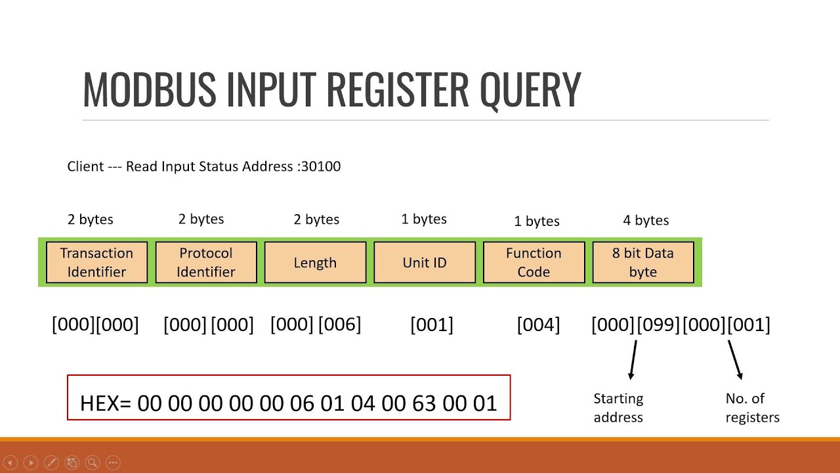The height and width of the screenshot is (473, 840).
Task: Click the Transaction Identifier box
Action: coord(96,262)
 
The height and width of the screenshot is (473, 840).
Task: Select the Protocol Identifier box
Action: coord(206,262)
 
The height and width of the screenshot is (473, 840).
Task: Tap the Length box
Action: coord(315,262)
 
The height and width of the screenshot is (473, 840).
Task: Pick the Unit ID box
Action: coord(425,262)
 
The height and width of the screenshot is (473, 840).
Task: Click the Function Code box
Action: coord(534,262)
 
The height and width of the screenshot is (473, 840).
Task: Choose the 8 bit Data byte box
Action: coord(643,262)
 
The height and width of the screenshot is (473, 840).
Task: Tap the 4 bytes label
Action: coord(646,220)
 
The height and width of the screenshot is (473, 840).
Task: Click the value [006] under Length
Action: coord(340,325)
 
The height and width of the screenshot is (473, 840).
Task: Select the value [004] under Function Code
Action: coord(538,325)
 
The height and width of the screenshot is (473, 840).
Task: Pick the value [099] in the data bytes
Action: coord(658,325)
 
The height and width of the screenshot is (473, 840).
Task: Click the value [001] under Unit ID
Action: coord(432,325)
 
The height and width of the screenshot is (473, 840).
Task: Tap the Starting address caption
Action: coord(618,407)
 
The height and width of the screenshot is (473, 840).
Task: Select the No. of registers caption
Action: coord(752,407)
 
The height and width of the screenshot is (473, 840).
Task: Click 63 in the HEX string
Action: coord(424,403)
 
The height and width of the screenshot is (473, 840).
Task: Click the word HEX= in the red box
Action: coord(106,403)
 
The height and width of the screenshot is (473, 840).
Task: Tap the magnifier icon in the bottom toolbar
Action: coord(93,462)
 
